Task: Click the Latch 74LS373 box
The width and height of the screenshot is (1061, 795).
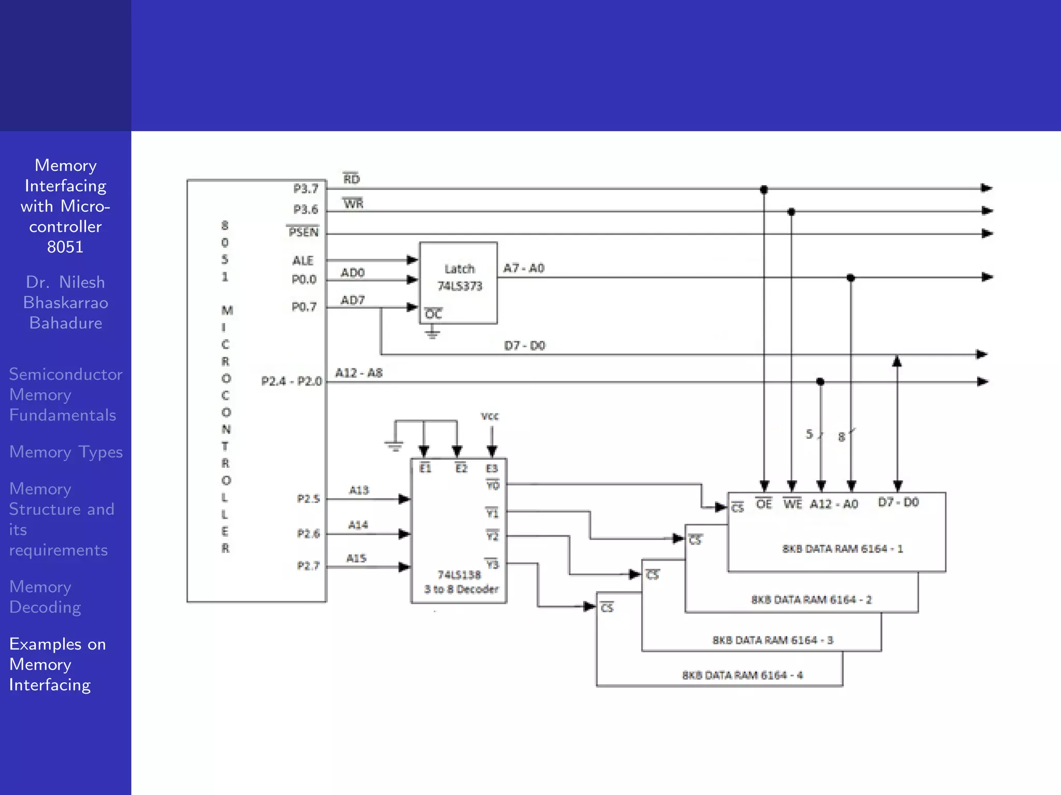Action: coord(458,282)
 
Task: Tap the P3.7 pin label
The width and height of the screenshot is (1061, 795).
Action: coord(306,189)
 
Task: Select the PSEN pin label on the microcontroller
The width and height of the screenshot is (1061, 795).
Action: coord(303,232)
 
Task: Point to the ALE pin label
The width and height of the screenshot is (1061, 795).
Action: coord(303,260)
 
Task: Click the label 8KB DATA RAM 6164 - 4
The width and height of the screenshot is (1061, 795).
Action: coord(742,675)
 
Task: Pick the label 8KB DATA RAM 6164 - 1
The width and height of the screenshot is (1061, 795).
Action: coord(842,549)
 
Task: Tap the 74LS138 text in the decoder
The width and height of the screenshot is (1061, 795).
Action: coord(459,575)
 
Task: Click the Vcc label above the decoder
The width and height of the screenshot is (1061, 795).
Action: coord(490,416)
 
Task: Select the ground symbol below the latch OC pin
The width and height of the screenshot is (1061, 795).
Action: coord(433,333)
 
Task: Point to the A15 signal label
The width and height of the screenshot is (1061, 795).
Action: coord(356,558)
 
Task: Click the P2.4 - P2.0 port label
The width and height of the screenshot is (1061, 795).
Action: coord(291,381)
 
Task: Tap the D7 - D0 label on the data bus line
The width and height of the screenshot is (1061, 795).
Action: coord(524,345)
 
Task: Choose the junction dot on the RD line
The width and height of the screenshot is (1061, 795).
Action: coord(764,189)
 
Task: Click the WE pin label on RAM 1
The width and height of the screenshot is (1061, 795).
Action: coord(792,504)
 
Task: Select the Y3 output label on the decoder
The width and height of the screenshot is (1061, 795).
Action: coord(492,564)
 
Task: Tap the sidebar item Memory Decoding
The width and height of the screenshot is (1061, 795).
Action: coord(45,597)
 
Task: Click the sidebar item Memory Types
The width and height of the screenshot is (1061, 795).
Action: coord(66,452)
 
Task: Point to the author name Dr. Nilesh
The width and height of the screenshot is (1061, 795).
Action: coord(65,282)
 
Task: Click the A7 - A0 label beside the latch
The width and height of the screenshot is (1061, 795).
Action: coord(524,268)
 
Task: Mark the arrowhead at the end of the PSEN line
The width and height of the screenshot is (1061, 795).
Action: coord(986,233)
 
